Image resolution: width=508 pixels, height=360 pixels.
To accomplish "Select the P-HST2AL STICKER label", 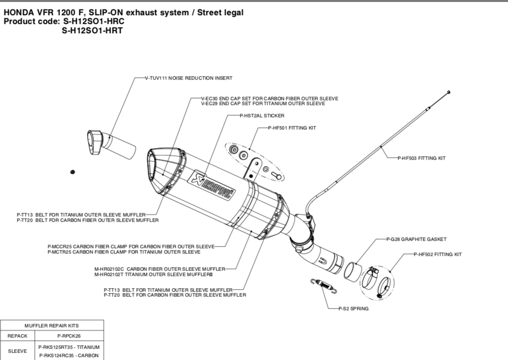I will point(262,116).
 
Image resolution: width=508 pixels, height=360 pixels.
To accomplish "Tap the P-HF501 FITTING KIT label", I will point(292,127).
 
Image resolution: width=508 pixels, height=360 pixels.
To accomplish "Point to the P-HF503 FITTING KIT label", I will point(421,158).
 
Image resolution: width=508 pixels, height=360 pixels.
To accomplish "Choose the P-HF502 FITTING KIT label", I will point(437,254).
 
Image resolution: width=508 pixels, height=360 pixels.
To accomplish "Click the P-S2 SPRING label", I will point(353,309).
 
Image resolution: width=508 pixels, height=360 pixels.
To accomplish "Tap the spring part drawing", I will point(324,285).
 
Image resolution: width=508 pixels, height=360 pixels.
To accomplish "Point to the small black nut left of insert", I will point(72,171).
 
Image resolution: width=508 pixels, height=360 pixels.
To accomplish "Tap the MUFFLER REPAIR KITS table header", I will point(52,325).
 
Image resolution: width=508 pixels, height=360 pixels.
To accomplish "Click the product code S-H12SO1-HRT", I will point(92,30).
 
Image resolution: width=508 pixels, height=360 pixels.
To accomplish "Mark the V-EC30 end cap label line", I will point(269,99).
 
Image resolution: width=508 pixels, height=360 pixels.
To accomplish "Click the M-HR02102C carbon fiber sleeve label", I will point(159,269).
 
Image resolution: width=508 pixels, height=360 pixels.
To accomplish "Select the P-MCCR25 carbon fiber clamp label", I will point(131,246).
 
